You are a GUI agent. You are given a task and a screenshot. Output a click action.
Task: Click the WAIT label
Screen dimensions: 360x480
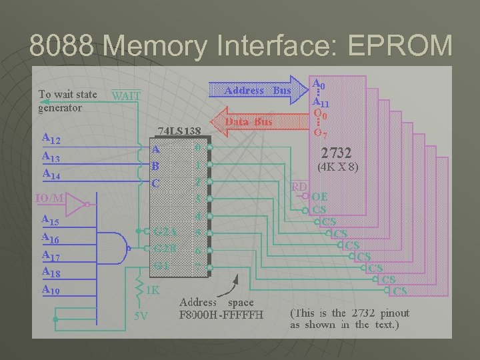(125, 95)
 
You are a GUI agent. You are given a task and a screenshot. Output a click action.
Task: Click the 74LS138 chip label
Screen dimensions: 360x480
(179, 131)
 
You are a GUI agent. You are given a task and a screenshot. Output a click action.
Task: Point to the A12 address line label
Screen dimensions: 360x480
(51, 139)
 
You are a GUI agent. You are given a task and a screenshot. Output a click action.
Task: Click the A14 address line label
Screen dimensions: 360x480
(51, 173)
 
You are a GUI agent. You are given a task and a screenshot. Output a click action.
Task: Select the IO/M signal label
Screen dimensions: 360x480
(51, 198)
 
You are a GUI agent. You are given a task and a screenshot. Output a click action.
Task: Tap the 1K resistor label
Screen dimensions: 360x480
(153, 291)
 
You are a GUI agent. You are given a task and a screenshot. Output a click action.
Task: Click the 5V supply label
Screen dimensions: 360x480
(141, 315)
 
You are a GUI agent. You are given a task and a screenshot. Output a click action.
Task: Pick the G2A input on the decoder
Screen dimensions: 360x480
(165, 232)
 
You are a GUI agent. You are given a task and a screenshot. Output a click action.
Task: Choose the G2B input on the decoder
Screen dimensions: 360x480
(165, 249)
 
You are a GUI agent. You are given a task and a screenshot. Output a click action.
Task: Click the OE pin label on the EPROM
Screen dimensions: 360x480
(320, 197)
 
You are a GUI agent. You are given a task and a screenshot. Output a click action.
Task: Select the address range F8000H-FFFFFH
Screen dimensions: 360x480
(222, 314)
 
